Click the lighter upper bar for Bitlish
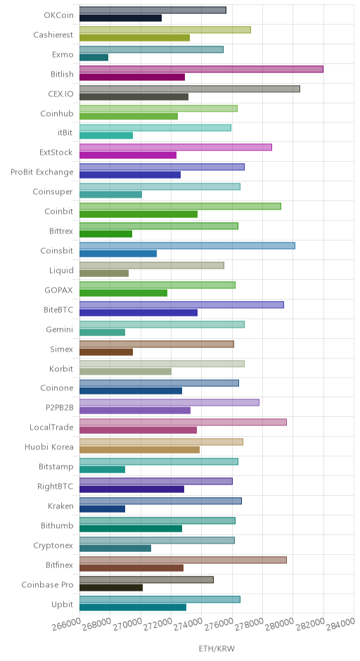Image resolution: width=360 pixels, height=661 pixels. coord(201,69)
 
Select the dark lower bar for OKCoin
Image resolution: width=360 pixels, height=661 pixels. coord(120,18)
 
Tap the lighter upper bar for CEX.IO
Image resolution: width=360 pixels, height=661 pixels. coord(190,89)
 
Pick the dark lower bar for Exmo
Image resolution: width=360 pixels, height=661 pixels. coord(94,58)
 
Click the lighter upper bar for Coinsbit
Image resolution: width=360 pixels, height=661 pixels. coord(187,246)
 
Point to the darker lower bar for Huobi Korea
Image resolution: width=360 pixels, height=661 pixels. coord(139,450)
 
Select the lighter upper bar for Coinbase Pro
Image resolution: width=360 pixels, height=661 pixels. coord(146,579)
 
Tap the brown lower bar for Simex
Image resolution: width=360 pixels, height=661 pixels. coord(105,352)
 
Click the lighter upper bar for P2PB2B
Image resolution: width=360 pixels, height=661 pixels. coord(169,403)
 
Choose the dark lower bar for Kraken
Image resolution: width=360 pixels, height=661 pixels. coord(102,509)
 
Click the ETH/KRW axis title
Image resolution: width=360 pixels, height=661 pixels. coord(217,648)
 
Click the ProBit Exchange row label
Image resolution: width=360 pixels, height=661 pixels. coord(42,172)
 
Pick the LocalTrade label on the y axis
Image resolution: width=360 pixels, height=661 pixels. coord(51,427)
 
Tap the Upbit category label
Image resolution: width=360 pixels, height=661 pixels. coord(62,605)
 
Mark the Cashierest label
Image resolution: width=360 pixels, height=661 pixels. coord(53,35)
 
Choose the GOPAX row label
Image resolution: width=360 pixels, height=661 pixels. coord(58,290)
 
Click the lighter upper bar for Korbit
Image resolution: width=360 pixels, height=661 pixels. coord(162,364)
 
